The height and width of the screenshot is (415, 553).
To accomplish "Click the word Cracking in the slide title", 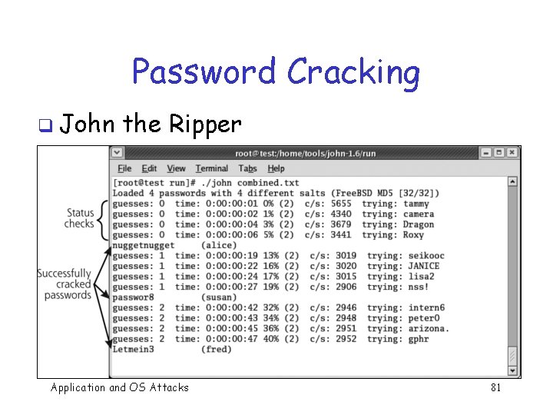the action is (x=353, y=73).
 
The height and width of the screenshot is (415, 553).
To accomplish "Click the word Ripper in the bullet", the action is (x=204, y=124).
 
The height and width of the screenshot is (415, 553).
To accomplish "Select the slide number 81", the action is (x=495, y=387).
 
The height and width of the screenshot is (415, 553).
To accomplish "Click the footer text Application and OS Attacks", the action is (x=119, y=387).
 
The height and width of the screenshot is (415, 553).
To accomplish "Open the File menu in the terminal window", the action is (x=124, y=168).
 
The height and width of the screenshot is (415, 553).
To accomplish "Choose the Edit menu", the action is (x=149, y=168).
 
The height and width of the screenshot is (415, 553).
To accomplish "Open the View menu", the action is (x=176, y=168).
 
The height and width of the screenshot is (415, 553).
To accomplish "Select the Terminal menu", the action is (x=211, y=168).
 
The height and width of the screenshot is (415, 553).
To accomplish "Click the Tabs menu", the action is (x=247, y=168).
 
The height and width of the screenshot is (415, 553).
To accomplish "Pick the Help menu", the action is (x=276, y=168).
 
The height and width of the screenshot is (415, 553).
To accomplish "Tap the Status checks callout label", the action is (x=80, y=218).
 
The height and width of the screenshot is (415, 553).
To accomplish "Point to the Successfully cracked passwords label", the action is (x=65, y=284).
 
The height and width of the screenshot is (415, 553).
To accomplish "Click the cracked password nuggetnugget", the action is (x=143, y=245).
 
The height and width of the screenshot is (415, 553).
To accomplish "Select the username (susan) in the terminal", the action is (x=218, y=297).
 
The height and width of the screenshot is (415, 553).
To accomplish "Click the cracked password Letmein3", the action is (x=133, y=349).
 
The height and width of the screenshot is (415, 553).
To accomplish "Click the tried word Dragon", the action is (x=419, y=224).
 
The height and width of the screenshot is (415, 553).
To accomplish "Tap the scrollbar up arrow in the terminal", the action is (x=512, y=182).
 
